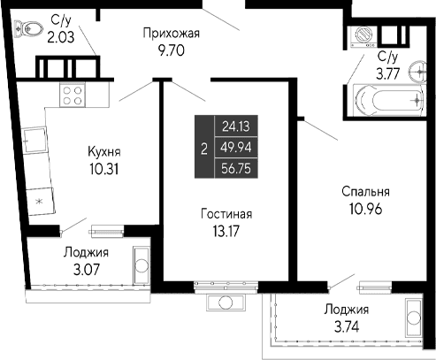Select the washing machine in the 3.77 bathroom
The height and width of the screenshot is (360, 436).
(363, 36)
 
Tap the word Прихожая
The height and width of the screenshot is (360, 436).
(172, 34)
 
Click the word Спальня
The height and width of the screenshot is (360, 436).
(364, 192)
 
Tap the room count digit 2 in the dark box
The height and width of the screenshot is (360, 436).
(204, 148)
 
